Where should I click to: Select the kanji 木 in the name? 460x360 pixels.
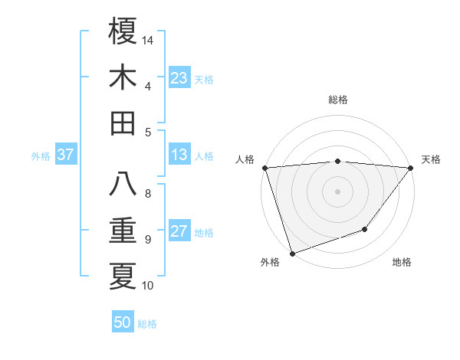pyautogui.click(x=123, y=78)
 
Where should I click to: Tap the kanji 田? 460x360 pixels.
pyautogui.click(x=123, y=123)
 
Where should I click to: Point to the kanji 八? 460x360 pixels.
pyautogui.click(x=123, y=185)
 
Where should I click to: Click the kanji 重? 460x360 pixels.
pyautogui.click(x=123, y=231)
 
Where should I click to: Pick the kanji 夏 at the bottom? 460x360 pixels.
pyautogui.click(x=123, y=277)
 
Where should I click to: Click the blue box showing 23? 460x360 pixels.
pyautogui.click(x=179, y=78)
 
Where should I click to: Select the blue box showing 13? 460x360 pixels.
pyautogui.click(x=179, y=155)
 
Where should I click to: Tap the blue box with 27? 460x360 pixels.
pyautogui.click(x=179, y=231)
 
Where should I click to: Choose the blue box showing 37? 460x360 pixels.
pyautogui.click(x=66, y=155)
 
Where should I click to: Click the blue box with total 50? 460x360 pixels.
pyautogui.click(x=123, y=322)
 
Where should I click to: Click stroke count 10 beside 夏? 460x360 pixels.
pyautogui.click(x=148, y=286)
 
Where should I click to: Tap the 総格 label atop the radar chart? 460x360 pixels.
pyautogui.click(x=337, y=100)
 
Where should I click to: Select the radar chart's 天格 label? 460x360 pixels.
pyautogui.click(x=431, y=159)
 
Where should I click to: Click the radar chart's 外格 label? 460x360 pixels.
pyautogui.click(x=270, y=262)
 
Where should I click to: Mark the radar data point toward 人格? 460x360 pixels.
pyautogui.click(x=264, y=168)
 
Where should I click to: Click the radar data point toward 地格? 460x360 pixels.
pyautogui.click(x=365, y=229)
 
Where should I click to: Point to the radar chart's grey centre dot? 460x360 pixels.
pyautogui.click(x=337, y=191)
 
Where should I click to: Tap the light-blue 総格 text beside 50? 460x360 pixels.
pyautogui.click(x=147, y=324)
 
